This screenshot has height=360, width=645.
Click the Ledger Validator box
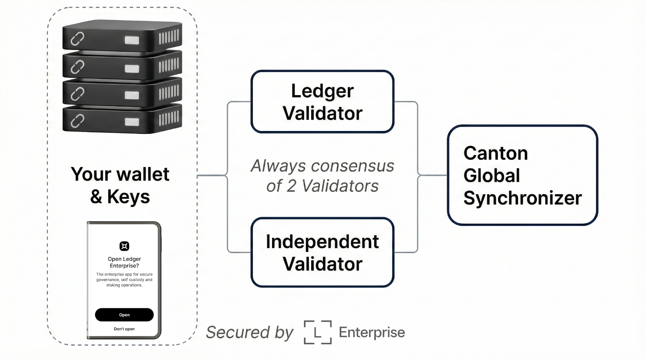(322, 101)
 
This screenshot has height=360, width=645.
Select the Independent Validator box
(322, 252)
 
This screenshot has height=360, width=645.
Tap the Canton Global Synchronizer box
(522, 175)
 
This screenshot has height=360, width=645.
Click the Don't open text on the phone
(124, 329)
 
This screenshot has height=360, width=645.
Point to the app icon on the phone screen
(125, 246)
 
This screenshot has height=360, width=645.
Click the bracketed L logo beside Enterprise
(318, 332)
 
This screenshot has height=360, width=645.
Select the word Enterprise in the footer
(372, 332)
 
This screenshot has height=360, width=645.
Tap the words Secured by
(250, 332)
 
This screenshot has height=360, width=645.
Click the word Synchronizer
(522, 198)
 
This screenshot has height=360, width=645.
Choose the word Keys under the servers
(129, 197)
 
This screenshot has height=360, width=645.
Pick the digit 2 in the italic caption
(291, 186)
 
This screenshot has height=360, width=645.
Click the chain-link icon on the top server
(77, 39)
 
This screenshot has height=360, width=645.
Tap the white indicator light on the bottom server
(132, 122)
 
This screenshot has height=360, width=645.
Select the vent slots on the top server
(169, 37)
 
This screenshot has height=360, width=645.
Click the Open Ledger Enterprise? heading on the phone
(125, 262)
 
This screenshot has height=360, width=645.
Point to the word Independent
(322, 241)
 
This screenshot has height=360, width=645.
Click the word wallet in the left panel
(143, 174)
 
